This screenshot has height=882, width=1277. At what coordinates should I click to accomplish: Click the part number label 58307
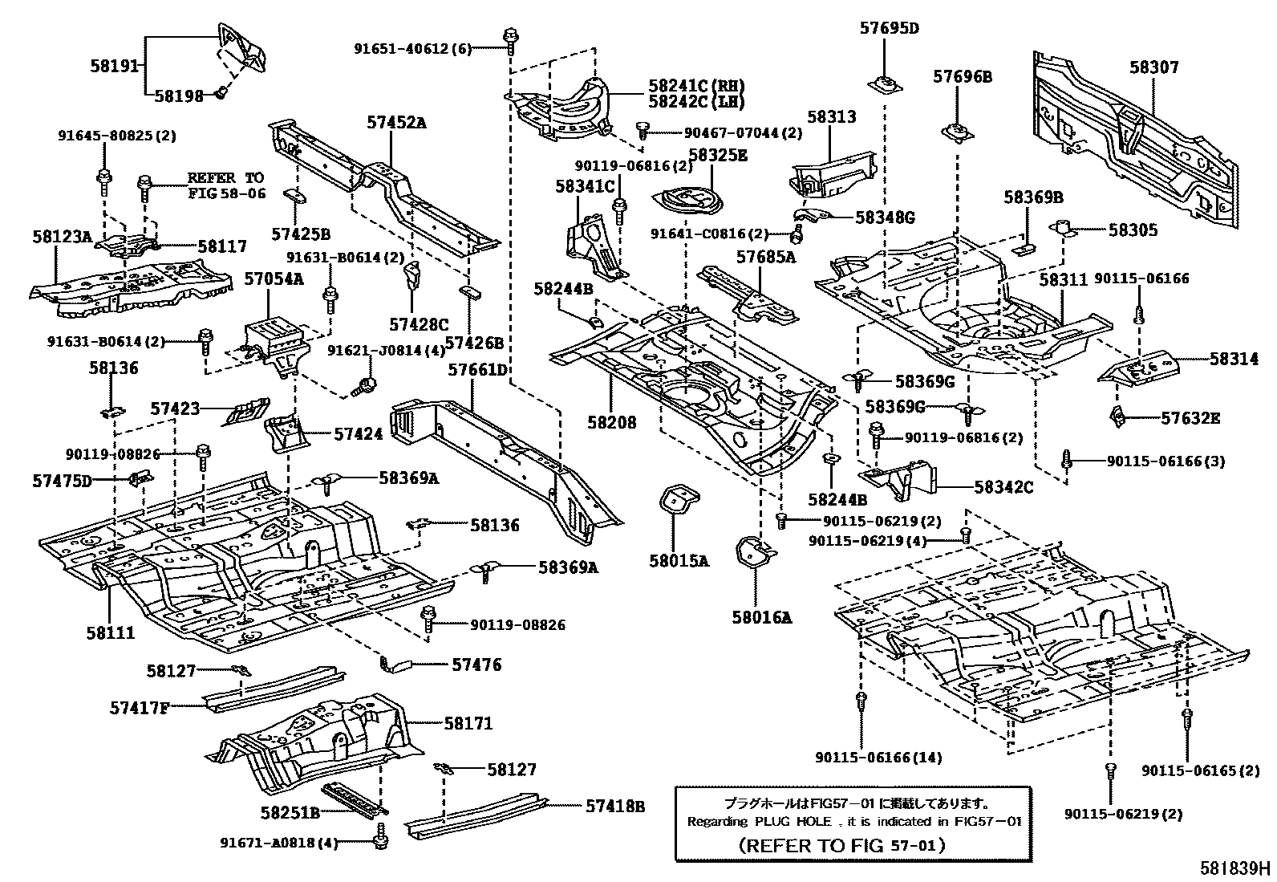pos(1154,67)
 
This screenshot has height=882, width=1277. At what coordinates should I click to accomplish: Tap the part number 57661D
pos(478,370)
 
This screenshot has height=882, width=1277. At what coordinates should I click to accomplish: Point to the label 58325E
pos(718,156)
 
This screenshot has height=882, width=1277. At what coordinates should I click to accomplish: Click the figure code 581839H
pos(1235,868)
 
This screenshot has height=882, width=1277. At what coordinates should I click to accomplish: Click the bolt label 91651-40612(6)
pos(412,48)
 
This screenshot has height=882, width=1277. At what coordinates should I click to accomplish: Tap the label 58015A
pos(679,561)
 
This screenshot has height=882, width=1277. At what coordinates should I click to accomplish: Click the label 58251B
pos(290,813)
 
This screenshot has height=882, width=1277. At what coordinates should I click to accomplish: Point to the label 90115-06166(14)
pos(879,757)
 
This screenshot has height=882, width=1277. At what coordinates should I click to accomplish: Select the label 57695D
pos(889,28)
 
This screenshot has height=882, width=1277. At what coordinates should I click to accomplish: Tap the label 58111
pos(111,632)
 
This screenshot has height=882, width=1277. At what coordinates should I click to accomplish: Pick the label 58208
pos(612,422)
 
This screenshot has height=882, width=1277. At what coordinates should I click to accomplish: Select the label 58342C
pos(1003,486)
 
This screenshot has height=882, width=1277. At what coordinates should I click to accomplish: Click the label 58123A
pos(63,237)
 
